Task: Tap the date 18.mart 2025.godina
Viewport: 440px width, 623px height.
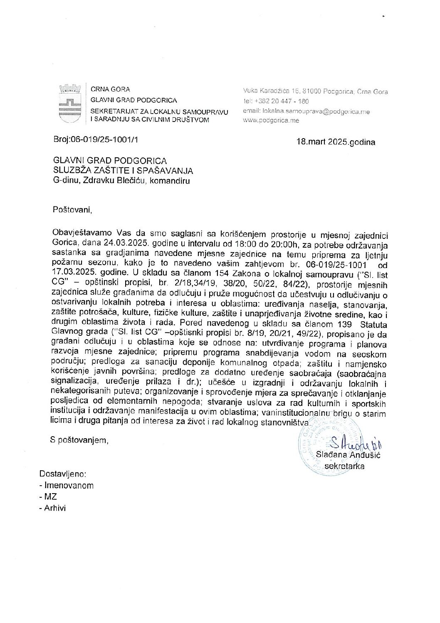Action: pyautogui.click(x=336, y=142)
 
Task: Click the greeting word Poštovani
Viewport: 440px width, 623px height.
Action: pyautogui.click(x=72, y=209)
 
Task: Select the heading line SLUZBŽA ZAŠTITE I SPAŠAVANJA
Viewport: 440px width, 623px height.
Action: pyautogui.click(x=123, y=171)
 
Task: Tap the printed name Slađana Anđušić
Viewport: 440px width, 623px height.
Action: pyautogui.click(x=348, y=455)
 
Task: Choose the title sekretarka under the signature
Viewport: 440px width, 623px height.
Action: pyautogui.click(x=344, y=466)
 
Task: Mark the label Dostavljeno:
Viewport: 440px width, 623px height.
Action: pyautogui.click(x=63, y=474)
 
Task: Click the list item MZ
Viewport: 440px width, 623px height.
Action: pyautogui.click(x=50, y=496)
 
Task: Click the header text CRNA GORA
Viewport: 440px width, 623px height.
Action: pyautogui.click(x=110, y=89)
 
